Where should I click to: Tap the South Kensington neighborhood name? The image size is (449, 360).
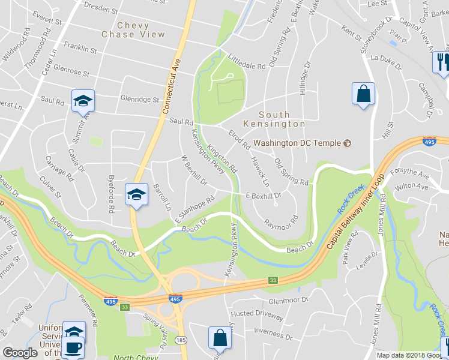click(274, 119)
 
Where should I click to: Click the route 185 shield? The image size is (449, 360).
click(181, 340)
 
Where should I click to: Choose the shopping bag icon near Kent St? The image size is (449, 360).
click(363, 94)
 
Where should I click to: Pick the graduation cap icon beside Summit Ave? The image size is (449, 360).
click(83, 100)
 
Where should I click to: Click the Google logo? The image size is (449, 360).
click(20, 353)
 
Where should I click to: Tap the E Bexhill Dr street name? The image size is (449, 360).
click(264, 196)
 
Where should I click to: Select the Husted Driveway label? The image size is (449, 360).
click(257, 315)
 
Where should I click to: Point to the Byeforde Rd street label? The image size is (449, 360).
click(112, 196)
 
